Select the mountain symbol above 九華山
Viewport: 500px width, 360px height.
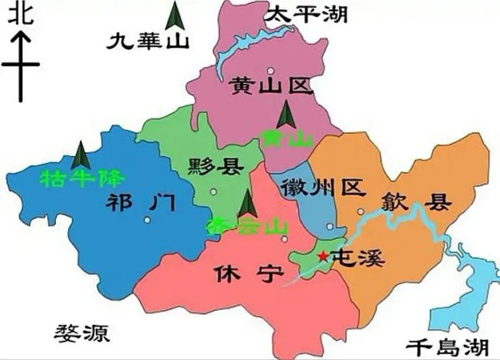[x=175, y=16]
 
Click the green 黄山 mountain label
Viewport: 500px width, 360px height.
[x=286, y=138]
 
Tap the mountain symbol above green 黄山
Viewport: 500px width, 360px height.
[x=286, y=114]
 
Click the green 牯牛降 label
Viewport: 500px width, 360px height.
[x=82, y=177]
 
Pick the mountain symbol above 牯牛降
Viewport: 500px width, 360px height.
[x=81, y=155]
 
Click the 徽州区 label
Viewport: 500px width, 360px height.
[x=323, y=188]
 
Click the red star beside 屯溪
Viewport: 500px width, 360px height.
[x=322, y=256]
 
